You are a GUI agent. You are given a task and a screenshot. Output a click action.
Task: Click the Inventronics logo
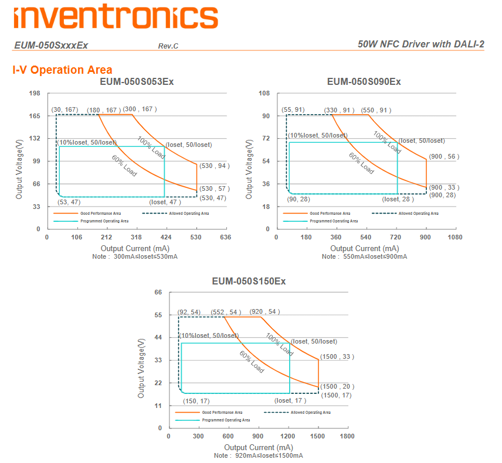[116, 16]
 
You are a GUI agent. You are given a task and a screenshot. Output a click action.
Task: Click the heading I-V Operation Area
[62, 70]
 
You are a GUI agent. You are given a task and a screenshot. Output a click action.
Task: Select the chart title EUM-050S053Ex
[137, 81]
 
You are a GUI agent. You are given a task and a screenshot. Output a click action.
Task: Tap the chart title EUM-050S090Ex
[364, 81]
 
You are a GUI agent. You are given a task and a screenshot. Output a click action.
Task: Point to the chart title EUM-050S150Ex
[249, 282]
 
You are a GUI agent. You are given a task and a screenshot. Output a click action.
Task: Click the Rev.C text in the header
[168, 46]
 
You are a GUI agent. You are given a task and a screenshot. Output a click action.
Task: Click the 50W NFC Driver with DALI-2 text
[420, 44]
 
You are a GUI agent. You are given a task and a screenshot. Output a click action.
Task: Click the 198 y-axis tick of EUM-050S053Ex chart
[35, 94]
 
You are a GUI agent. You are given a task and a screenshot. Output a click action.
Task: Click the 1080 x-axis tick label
[455, 237]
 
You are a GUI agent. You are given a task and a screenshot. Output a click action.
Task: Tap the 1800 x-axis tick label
[347, 436]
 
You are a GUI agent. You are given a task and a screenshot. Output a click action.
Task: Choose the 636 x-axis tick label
[225, 237]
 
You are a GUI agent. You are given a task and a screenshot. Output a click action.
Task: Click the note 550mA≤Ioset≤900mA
[364, 256]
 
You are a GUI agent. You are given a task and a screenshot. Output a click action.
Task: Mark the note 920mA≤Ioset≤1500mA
[258, 455]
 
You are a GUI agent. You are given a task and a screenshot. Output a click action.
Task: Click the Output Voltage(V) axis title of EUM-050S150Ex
[141, 368]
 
